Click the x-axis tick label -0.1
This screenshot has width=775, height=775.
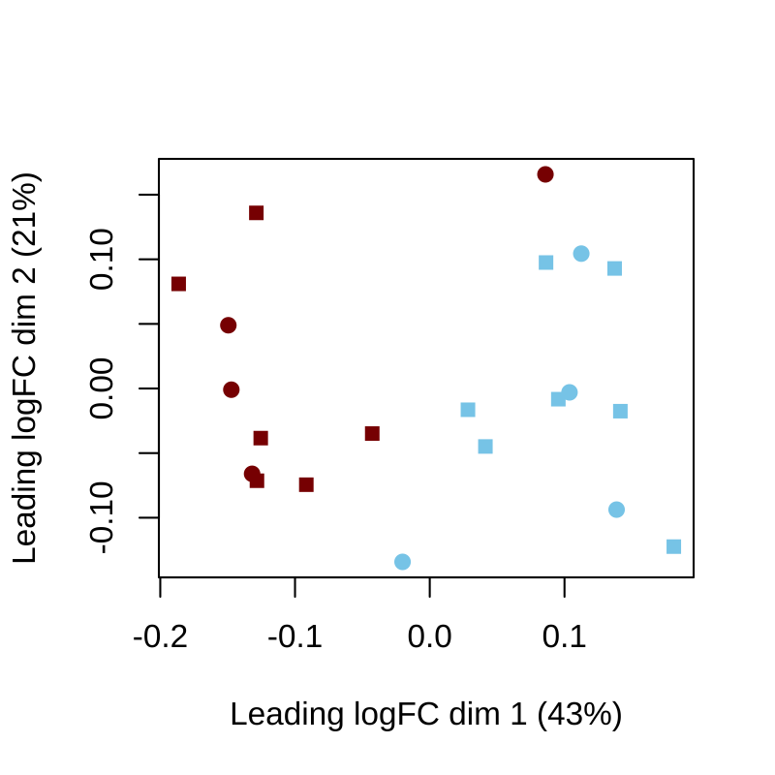294,638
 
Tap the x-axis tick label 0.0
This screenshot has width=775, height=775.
429,638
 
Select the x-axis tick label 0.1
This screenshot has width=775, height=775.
564,638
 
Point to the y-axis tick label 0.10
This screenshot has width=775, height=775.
103,260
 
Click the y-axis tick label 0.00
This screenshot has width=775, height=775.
103,388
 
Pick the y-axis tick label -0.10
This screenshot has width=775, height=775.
103,518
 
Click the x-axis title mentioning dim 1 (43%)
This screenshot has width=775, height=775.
425,714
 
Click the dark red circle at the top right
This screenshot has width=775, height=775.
545,174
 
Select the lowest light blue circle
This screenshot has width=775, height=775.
402,562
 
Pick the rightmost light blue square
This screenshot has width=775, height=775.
673,546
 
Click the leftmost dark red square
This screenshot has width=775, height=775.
178,284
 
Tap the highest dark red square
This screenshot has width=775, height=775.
257,213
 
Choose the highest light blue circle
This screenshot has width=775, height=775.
581,254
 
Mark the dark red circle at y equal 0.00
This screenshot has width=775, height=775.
232,389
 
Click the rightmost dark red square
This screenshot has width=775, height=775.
372,433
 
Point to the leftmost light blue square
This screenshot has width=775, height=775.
468,410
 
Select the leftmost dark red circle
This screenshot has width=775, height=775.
229,325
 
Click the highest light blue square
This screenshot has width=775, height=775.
545,263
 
